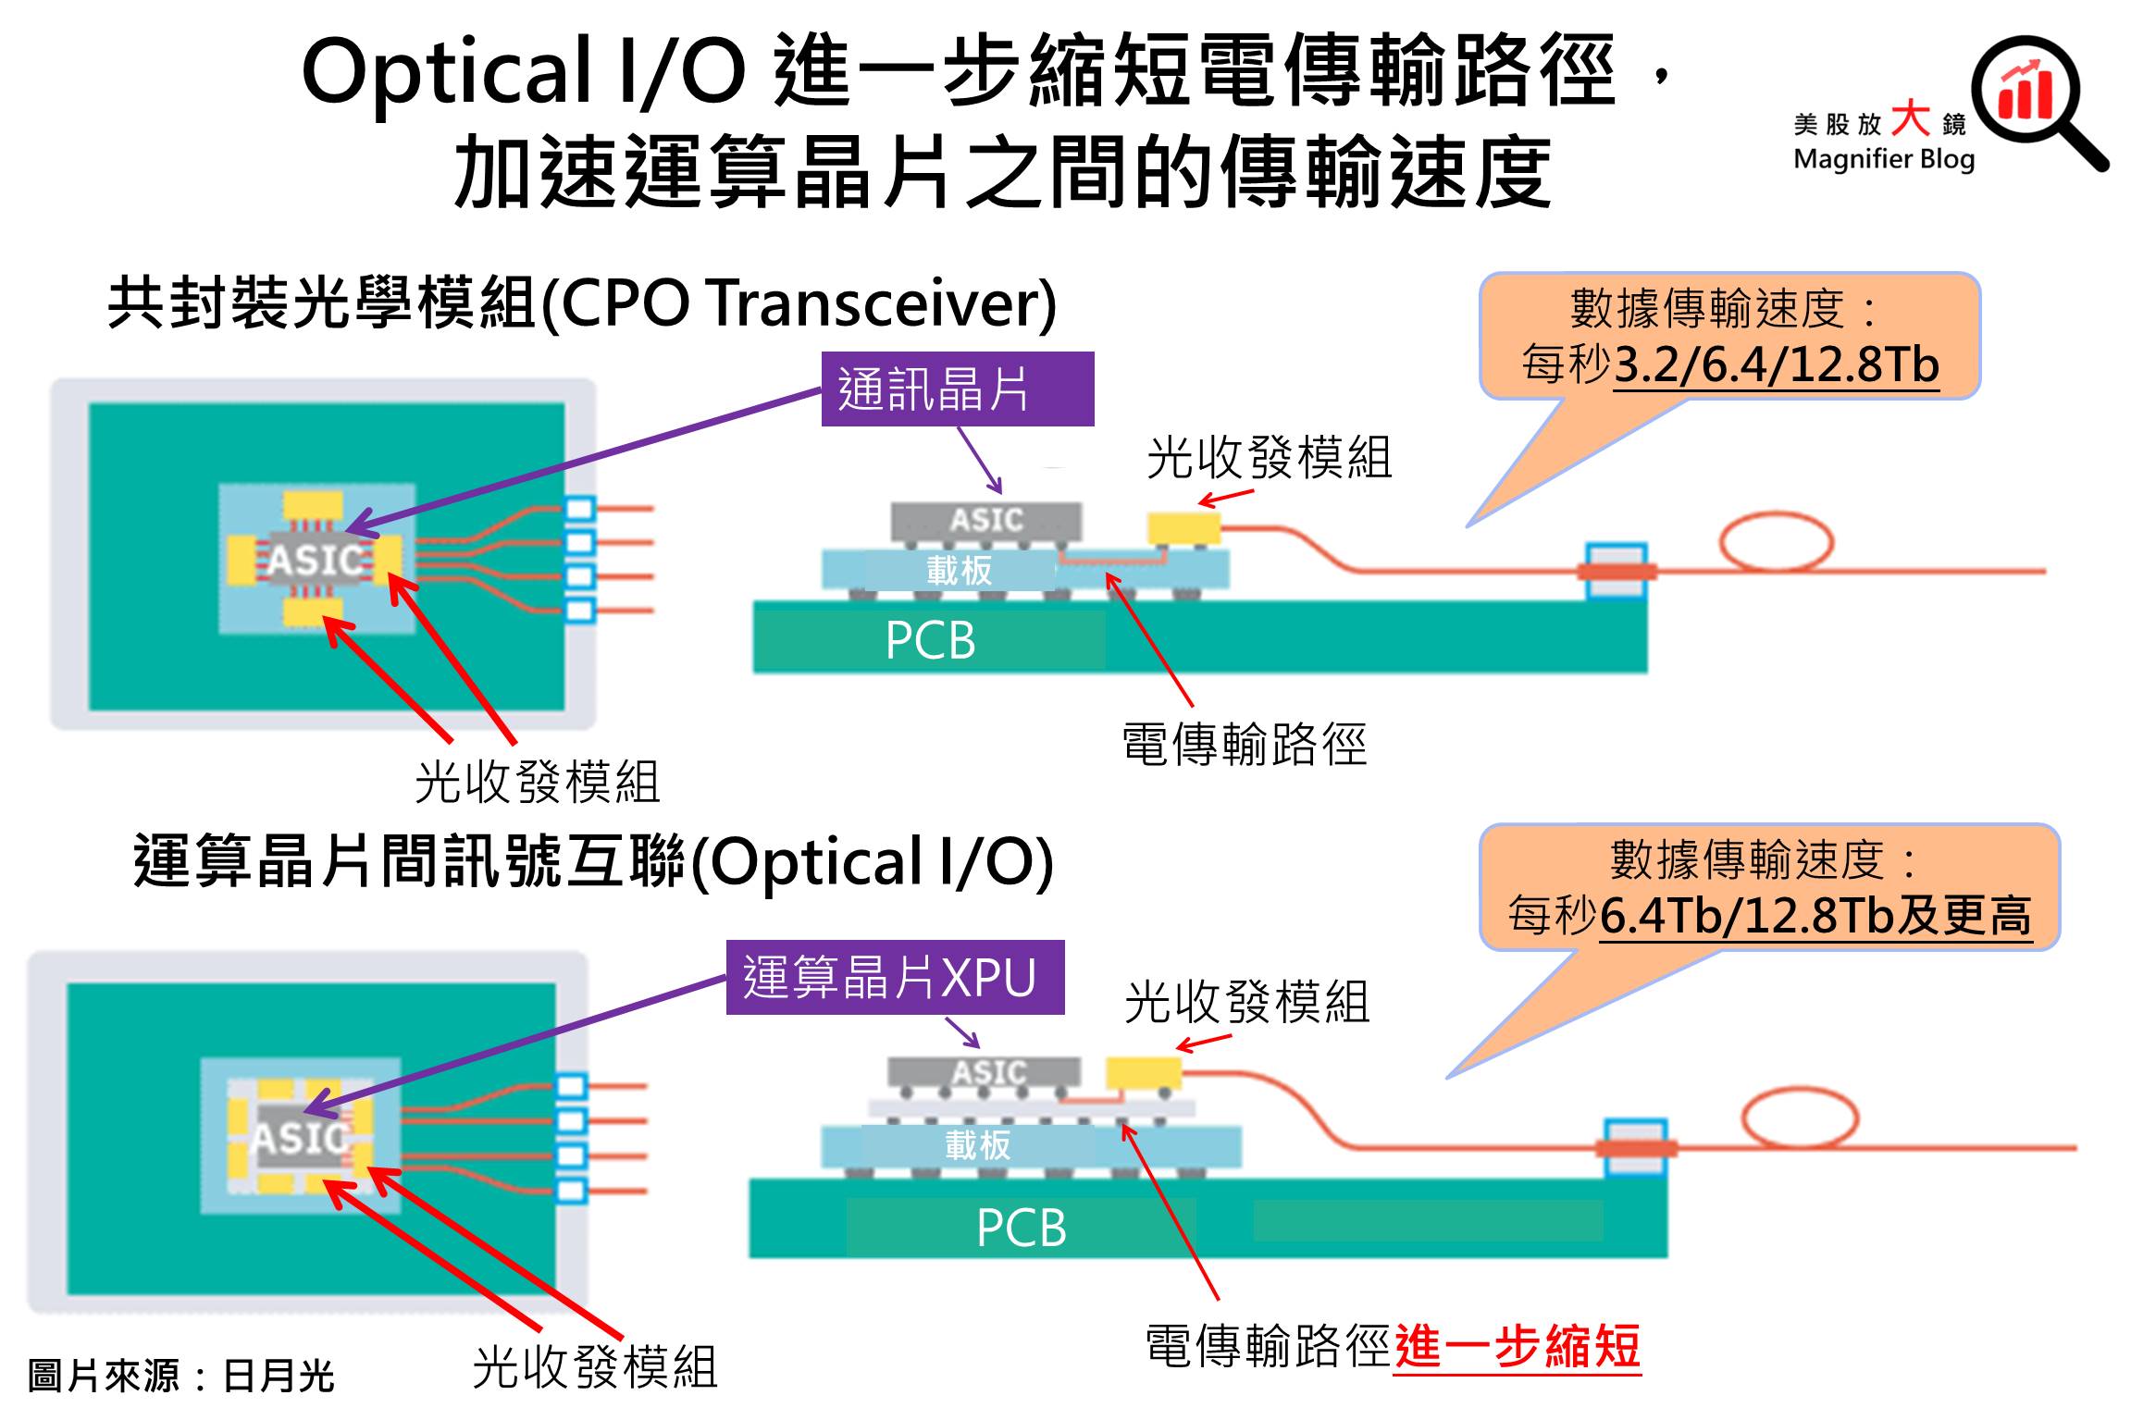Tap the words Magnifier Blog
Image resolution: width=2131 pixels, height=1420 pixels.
tap(1884, 159)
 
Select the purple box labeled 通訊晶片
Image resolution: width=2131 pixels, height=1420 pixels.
tap(957, 389)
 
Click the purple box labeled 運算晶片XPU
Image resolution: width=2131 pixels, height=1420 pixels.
tap(895, 978)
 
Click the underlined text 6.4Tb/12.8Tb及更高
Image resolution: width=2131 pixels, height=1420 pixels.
tap(1815, 916)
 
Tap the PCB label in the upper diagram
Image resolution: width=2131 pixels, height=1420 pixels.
tap(930, 640)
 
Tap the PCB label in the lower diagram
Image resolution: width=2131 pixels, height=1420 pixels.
tap(1021, 1228)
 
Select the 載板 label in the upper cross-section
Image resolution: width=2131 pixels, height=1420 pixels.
tap(959, 570)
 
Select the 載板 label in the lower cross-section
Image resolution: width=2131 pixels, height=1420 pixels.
tap(977, 1146)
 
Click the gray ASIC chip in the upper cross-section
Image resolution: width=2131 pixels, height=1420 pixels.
tap(986, 520)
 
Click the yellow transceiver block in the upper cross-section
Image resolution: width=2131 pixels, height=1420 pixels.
tap(1183, 528)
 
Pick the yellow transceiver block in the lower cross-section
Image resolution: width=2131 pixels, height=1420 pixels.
tap(1143, 1073)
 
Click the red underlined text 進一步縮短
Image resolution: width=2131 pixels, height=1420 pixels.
tap(1517, 1347)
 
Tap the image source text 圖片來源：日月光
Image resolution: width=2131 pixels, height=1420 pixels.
tap(180, 1376)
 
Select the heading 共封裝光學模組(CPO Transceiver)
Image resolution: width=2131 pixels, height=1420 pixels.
tap(582, 303)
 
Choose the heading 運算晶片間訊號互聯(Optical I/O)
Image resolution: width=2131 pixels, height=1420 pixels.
tap(593, 862)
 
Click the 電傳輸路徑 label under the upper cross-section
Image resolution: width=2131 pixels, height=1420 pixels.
tap(1244, 746)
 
